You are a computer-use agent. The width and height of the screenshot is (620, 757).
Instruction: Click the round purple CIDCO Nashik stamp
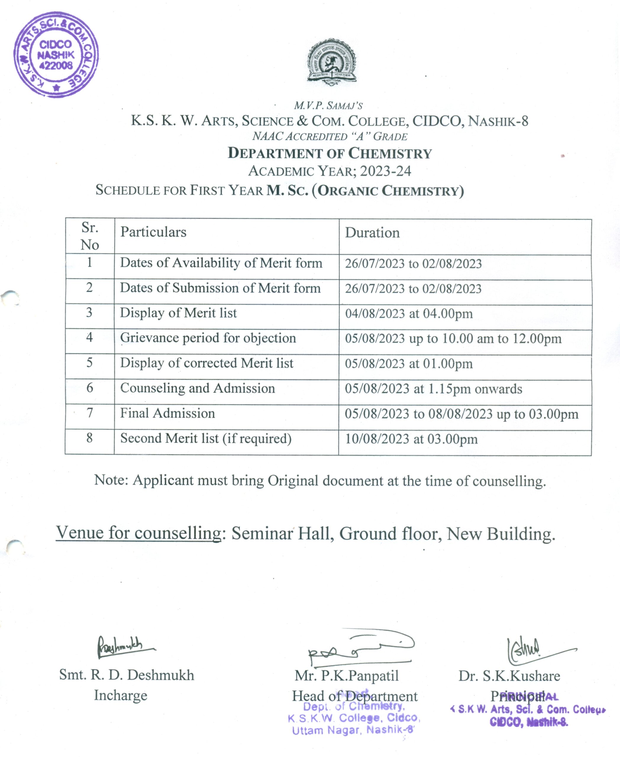[56, 55]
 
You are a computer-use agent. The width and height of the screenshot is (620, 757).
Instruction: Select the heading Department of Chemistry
[330, 153]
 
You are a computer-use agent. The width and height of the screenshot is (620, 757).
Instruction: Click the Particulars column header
[153, 232]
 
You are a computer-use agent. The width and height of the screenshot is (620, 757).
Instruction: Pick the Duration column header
[372, 233]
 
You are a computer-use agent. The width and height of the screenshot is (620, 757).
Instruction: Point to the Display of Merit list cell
[178, 313]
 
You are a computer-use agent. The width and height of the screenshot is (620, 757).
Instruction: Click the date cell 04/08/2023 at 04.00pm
[409, 314]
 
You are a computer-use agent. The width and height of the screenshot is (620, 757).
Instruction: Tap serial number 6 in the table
[90, 388]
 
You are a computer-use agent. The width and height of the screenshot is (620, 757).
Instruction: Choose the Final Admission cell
[167, 413]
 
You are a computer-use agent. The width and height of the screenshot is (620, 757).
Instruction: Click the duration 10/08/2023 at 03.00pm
[411, 439]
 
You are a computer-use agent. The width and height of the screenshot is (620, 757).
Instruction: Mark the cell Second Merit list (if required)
[206, 439]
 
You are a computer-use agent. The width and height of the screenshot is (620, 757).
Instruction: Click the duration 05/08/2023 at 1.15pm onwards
[433, 389]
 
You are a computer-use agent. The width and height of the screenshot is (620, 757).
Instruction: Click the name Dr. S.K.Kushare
[509, 676]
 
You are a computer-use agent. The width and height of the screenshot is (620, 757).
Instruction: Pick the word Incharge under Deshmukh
[120, 695]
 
